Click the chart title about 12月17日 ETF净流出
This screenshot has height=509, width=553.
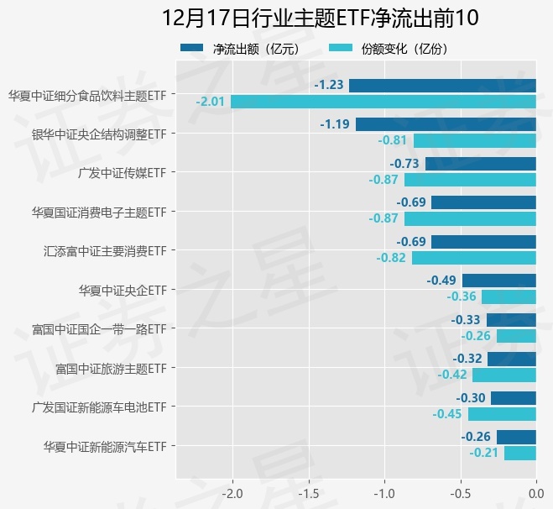pos(319,18)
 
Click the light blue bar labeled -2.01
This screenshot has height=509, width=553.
pos(383,102)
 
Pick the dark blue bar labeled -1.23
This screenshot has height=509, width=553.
pos(442,85)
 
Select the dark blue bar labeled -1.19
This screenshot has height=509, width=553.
pos(446,124)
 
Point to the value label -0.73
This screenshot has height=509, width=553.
pos(404,163)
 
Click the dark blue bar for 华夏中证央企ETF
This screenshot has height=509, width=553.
pos(498,281)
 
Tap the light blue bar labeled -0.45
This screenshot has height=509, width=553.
pos(502,414)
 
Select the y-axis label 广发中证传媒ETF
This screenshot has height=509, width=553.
pos(121,172)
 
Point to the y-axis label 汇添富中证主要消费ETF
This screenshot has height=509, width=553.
pos(104,250)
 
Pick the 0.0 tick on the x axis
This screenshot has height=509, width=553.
pos(536,492)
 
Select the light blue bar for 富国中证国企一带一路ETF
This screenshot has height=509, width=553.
pos(516,336)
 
